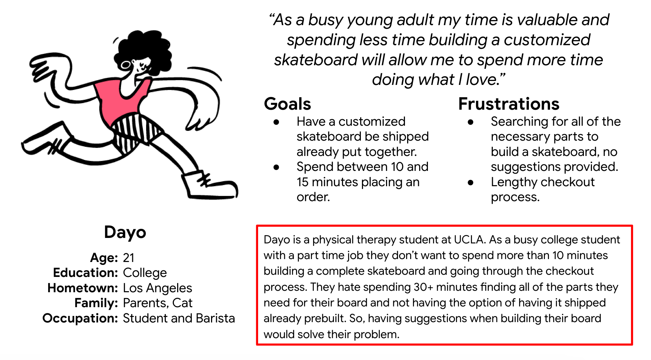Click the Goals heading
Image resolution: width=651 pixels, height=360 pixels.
click(287, 104)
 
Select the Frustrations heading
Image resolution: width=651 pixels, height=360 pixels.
click(508, 104)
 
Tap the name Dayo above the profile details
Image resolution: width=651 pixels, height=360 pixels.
click(125, 232)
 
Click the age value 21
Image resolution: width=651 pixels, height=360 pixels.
click(129, 258)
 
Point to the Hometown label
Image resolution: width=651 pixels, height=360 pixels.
click(83, 288)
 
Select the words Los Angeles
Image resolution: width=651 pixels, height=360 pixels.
click(157, 288)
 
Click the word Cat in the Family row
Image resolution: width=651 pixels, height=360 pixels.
click(182, 303)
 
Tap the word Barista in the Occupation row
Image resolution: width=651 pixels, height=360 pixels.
click(215, 318)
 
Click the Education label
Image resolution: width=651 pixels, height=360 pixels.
click(86, 273)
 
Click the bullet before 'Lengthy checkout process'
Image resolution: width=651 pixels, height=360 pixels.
click(471, 183)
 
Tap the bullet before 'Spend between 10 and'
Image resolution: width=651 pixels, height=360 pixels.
click(276, 167)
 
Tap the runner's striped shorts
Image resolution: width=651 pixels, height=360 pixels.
click(135, 133)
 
